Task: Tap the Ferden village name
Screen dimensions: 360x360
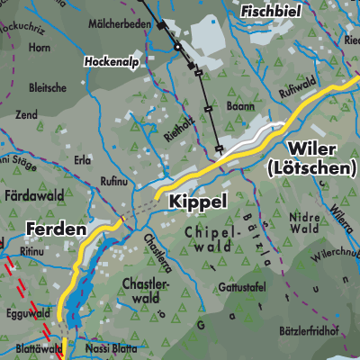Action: (x=57, y=229)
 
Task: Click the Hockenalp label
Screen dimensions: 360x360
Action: (x=112, y=62)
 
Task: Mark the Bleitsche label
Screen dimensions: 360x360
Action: (x=47, y=87)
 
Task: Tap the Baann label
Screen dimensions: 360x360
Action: (x=238, y=107)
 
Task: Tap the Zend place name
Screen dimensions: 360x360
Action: (x=26, y=116)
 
